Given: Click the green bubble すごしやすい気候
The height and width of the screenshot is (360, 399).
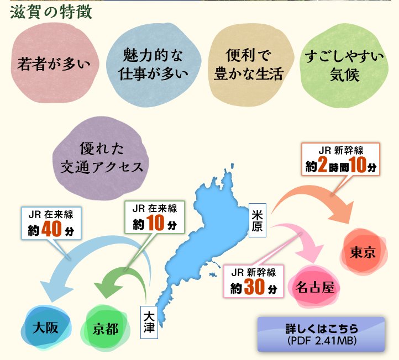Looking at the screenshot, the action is (x=344, y=64).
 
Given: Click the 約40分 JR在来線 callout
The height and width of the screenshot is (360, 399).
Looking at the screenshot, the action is (x=51, y=223).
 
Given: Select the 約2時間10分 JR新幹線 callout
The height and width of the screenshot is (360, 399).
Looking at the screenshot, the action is (x=340, y=159).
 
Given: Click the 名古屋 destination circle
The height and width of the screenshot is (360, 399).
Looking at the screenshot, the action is (x=314, y=287).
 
